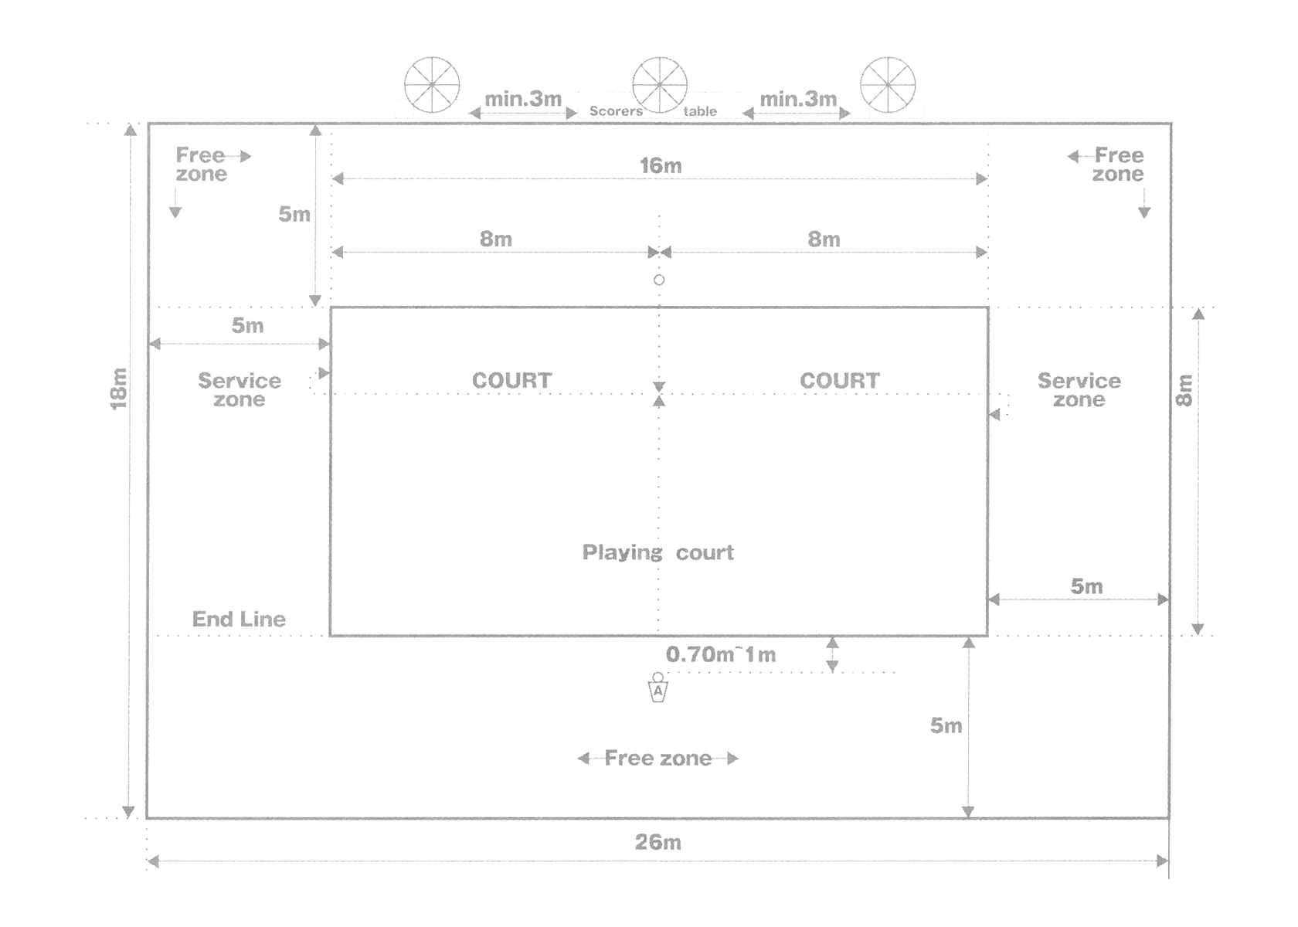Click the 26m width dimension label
pyautogui.click(x=658, y=842)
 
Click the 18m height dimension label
pyautogui.click(x=118, y=388)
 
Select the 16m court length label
pyautogui.click(x=661, y=165)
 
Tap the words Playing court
pyautogui.click(x=657, y=552)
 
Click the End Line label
pyautogui.click(x=239, y=619)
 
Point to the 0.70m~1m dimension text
pyautogui.click(x=721, y=654)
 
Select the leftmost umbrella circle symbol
pyautogui.click(x=432, y=84)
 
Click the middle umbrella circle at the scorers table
pyautogui.click(x=660, y=84)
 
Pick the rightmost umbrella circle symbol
pyautogui.click(x=888, y=84)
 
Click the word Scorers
pyautogui.click(x=616, y=111)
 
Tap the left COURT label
pyautogui.click(x=511, y=380)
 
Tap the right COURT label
pyautogui.click(x=839, y=380)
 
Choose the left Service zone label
pyautogui.click(x=240, y=390)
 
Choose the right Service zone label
pyautogui.click(x=1079, y=390)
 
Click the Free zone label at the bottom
pyautogui.click(x=658, y=758)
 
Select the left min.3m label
pyautogui.click(x=523, y=99)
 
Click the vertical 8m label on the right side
pyautogui.click(x=1184, y=389)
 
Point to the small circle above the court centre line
pyautogui.click(x=659, y=280)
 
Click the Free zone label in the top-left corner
pyautogui.click(x=201, y=165)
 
